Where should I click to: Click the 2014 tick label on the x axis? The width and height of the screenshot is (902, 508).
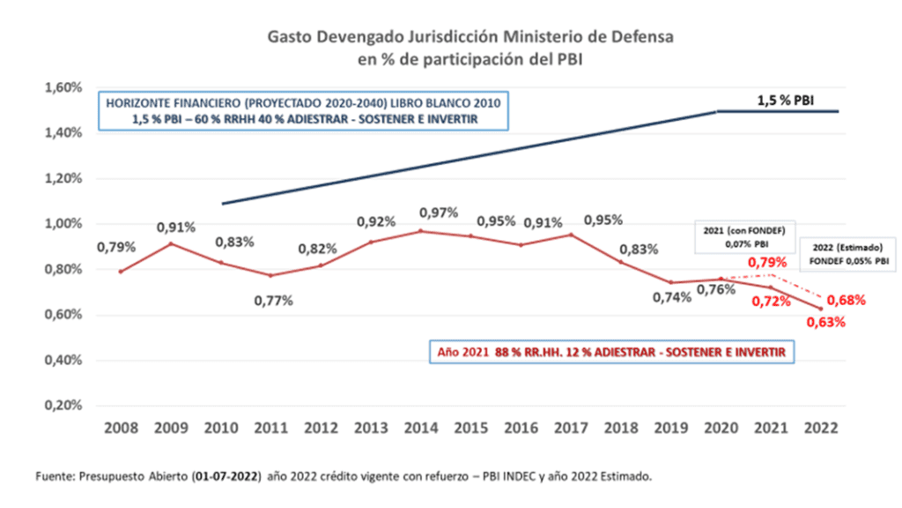(420, 428)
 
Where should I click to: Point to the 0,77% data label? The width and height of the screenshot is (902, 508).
(274, 301)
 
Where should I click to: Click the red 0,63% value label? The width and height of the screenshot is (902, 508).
(825, 323)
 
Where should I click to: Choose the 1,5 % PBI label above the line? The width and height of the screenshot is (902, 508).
(786, 101)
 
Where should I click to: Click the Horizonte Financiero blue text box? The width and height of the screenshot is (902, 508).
(303, 111)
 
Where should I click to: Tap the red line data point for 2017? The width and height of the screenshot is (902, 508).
(571, 235)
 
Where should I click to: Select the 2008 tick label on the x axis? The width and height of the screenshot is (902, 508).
(121, 428)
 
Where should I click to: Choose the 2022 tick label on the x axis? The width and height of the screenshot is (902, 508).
(820, 428)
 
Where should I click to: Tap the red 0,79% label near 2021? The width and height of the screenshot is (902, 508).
(765, 262)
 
